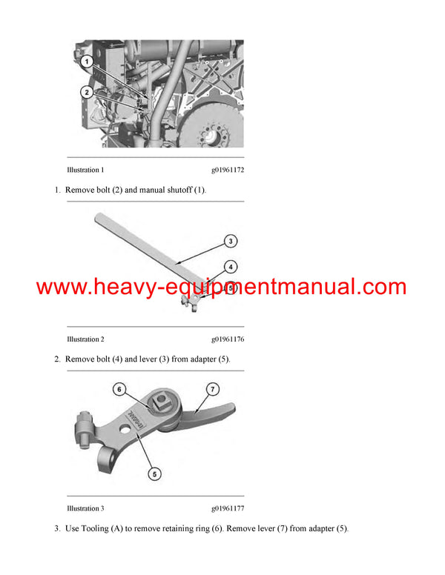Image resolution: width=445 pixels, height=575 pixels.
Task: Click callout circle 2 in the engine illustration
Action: click(x=87, y=92)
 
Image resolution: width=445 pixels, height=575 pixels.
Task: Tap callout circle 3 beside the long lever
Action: click(x=231, y=241)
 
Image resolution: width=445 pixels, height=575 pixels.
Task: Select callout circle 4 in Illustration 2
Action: click(x=231, y=266)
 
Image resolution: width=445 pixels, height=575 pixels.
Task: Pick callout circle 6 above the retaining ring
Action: click(x=119, y=389)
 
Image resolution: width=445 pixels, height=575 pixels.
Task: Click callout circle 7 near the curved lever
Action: click(x=212, y=389)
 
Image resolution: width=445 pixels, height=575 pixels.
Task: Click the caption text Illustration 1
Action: click(x=85, y=170)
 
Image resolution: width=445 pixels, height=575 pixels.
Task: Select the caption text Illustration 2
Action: click(x=85, y=339)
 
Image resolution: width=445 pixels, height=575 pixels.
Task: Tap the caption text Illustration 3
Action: click(x=85, y=508)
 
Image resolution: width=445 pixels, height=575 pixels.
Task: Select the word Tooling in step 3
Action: click(x=96, y=528)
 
